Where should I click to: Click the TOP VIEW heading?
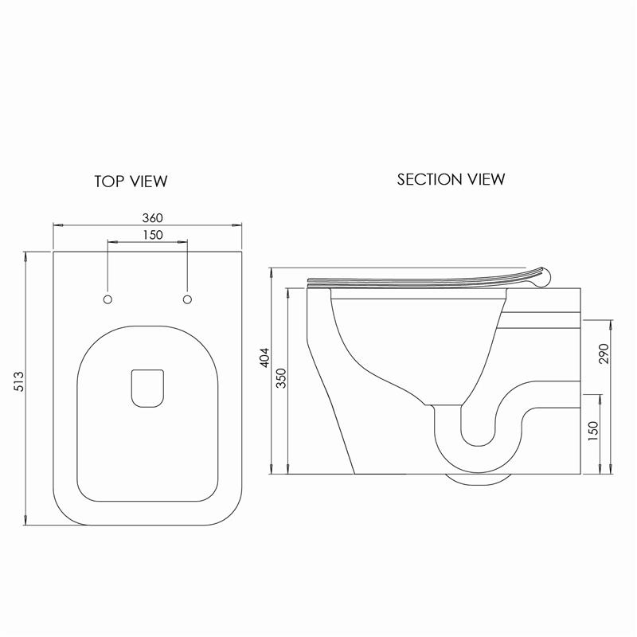click(x=131, y=182)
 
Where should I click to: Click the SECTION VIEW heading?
click(x=451, y=179)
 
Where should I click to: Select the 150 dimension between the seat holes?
click(x=147, y=234)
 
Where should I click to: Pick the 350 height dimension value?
click(x=280, y=377)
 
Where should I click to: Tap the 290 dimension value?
click(x=603, y=353)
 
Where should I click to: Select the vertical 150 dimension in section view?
click(x=592, y=431)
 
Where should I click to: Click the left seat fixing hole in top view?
click(x=108, y=299)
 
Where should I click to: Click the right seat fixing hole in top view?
click(x=187, y=299)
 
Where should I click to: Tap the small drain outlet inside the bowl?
click(x=147, y=387)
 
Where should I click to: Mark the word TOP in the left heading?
click(x=108, y=182)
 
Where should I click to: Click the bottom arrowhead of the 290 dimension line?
click(x=611, y=471)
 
